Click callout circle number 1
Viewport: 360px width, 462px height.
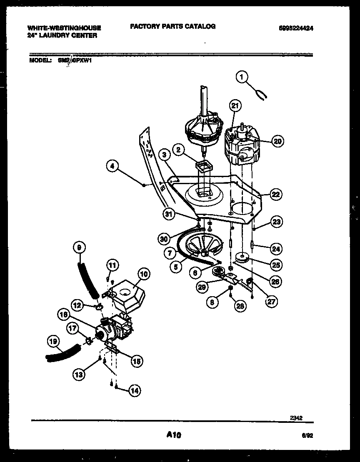(241, 77)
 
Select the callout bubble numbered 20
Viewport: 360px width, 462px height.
(277, 141)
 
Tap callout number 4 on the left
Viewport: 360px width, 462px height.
(112, 167)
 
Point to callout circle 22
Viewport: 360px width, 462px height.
(275, 194)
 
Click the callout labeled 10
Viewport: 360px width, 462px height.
(144, 275)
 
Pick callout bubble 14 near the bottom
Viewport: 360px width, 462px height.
(134, 390)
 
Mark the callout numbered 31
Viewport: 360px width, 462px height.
(168, 215)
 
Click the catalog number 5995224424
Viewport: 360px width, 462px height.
(296, 28)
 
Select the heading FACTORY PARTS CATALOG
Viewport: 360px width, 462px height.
(172, 26)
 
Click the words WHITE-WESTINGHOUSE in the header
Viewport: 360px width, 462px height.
(64, 28)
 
